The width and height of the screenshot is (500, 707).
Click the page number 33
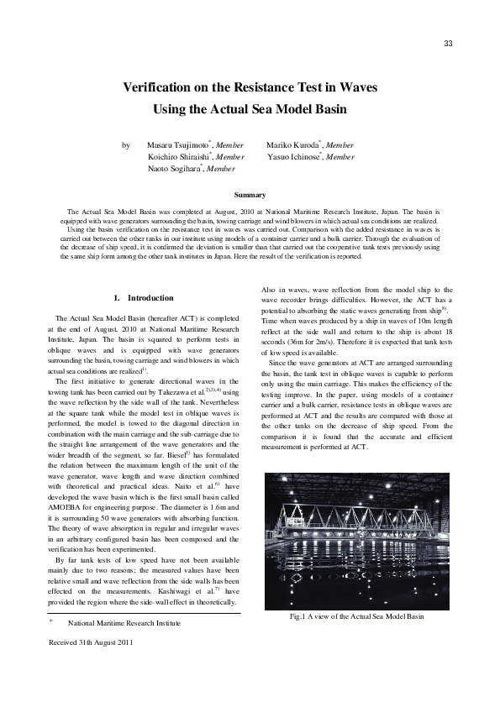[448, 44]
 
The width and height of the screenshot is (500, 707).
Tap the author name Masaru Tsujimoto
[177, 145]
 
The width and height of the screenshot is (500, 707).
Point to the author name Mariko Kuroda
[292, 145]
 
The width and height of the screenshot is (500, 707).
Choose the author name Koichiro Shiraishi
[180, 157]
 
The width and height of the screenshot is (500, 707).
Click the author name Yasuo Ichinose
[294, 157]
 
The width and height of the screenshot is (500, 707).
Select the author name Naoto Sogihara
[176, 169]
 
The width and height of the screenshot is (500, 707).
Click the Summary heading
[250, 195]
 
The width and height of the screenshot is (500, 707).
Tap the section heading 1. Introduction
[144, 298]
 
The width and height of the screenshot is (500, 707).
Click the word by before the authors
[126, 145]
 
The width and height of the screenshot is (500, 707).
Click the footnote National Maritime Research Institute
[124, 623]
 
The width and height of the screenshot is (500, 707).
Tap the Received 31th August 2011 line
[92, 642]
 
